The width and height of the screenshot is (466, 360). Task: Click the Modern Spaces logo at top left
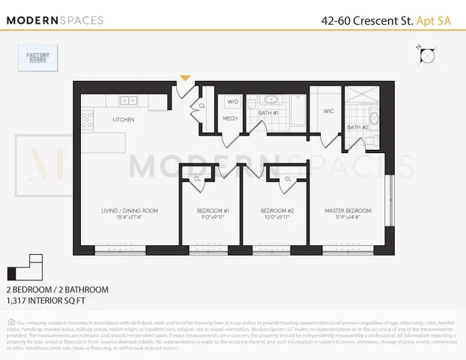[x=56, y=20]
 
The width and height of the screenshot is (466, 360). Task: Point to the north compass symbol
[x=426, y=55]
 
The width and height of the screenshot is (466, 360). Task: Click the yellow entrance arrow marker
[x=185, y=77]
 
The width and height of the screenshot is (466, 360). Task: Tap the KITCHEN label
[x=123, y=120]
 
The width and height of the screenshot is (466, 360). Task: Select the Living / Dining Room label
[x=129, y=211]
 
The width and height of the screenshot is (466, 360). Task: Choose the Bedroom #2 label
[x=275, y=211]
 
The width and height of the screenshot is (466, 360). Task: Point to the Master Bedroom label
[x=347, y=211]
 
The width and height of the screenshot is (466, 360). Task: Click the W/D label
[x=232, y=101]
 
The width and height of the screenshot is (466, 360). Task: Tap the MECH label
[x=230, y=118]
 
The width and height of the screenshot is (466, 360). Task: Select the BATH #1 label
[x=270, y=112]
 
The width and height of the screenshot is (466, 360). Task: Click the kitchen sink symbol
[x=128, y=99]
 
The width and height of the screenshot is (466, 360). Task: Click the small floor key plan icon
[x=25, y=268]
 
